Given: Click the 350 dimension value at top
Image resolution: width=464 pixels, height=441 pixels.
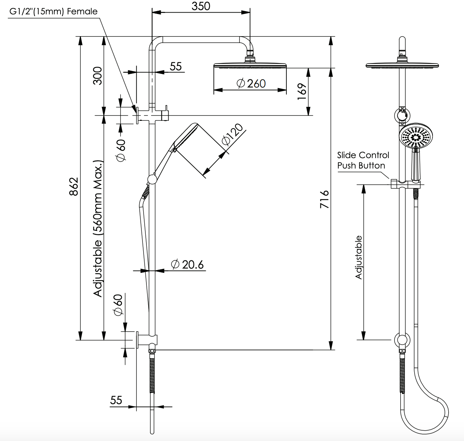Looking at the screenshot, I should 201,6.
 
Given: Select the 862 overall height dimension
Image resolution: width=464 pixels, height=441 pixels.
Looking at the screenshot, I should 73,186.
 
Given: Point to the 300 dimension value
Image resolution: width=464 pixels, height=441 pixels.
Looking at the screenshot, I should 97,75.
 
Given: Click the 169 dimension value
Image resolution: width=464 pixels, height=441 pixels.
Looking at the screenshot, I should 302,92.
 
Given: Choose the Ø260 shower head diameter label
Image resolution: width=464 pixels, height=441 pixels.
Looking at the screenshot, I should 251,84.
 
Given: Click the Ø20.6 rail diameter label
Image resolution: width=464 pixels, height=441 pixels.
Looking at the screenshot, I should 188,265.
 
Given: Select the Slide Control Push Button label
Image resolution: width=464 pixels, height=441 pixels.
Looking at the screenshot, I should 363,160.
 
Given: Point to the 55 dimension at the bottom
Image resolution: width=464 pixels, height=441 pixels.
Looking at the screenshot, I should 116,400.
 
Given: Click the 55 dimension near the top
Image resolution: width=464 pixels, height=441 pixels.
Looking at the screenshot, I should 175,66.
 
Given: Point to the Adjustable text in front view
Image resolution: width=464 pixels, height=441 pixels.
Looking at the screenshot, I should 358,257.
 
